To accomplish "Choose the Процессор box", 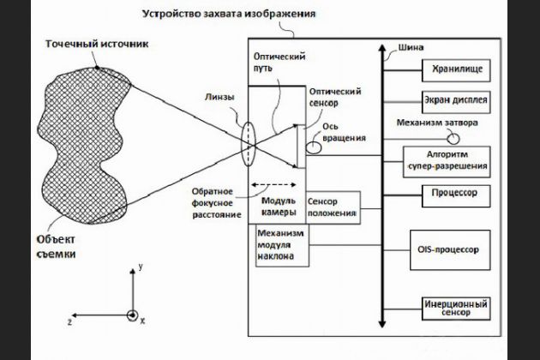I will tap(454, 192).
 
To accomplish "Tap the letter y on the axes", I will tap(139, 267).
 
